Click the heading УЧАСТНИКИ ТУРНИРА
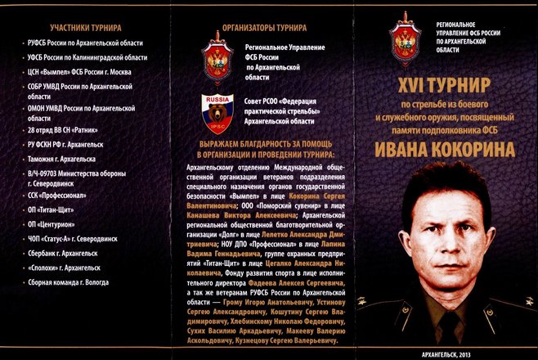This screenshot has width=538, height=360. click(x=86, y=27)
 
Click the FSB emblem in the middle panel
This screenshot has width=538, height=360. click(x=217, y=58)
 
